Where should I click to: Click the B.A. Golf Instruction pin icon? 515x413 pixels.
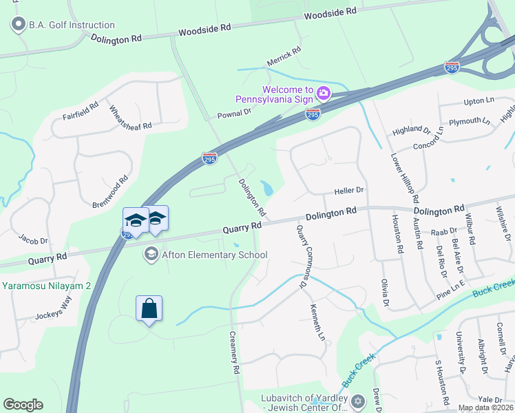click(x=18, y=25)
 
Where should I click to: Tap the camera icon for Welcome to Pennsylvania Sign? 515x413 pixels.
click(x=324, y=92)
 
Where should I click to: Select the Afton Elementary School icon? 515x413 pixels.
click(x=150, y=255)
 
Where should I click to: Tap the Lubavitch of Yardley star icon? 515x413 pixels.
click(x=357, y=401)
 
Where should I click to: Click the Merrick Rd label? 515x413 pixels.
click(x=284, y=58)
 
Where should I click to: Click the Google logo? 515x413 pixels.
click(x=23, y=405)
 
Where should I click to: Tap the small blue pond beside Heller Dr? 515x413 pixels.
click(x=266, y=187)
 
